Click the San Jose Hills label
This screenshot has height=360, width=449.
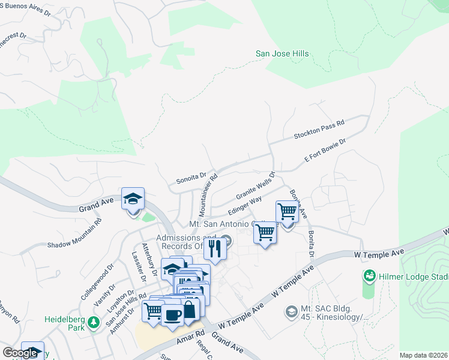[282, 54]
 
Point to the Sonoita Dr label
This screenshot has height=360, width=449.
[191, 178]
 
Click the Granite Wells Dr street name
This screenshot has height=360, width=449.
[255, 187]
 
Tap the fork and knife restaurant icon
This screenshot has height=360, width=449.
[215, 247]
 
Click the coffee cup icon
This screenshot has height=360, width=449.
[172, 314]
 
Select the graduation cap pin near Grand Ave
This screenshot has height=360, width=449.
[133, 198]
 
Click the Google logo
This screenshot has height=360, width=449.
[20, 353]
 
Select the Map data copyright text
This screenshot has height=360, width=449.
[423, 355]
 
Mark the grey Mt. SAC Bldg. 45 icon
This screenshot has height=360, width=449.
[291, 311]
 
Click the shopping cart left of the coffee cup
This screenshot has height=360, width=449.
[152, 311]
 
